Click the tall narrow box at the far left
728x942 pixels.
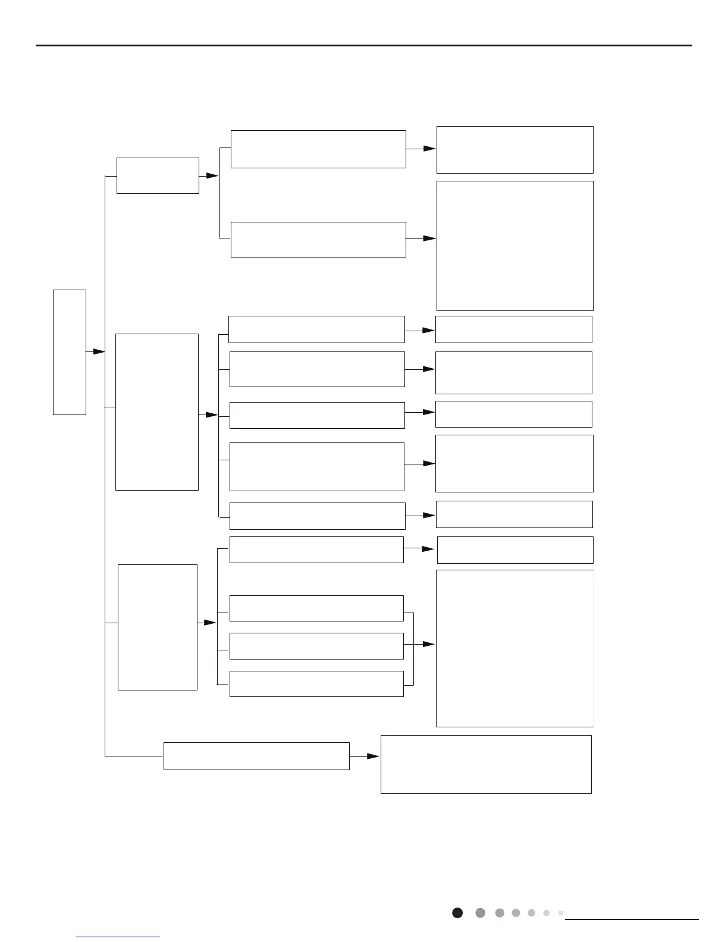(70, 352)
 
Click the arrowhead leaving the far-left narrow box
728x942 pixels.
(99, 352)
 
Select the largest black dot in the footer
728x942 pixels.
(457, 913)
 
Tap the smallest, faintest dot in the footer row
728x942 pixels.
(560, 913)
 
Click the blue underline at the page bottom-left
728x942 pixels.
(118, 937)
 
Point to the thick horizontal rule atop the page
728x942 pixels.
(364, 45)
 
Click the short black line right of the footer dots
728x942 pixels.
(632, 919)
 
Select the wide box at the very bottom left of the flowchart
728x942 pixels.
(256, 756)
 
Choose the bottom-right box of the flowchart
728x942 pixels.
(486, 764)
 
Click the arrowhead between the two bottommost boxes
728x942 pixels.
(373, 756)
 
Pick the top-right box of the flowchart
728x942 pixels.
(515, 149)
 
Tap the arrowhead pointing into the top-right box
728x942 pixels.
(429, 149)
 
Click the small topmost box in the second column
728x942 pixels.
(158, 175)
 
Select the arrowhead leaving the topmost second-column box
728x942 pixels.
(212, 175)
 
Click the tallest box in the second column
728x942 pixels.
(157, 412)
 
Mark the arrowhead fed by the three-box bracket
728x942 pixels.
(428, 644)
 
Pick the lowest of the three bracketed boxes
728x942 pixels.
(316, 684)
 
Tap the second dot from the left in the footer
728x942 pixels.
(481, 913)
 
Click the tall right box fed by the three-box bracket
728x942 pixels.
(515, 648)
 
